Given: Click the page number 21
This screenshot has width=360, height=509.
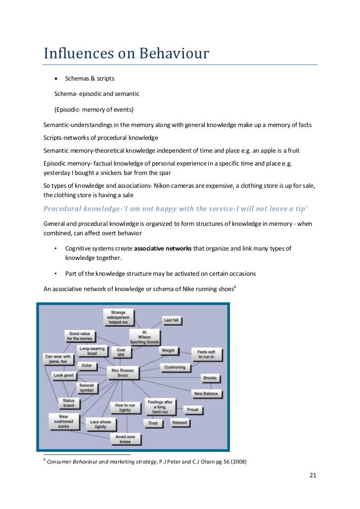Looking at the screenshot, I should (x=313, y=475).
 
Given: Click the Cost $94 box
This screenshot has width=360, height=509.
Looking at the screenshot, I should (x=121, y=352).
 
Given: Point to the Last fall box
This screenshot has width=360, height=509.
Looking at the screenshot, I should (x=171, y=320).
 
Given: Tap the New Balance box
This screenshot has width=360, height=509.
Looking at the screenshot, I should (x=206, y=394).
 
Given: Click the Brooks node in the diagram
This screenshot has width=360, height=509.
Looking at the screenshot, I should (x=210, y=378).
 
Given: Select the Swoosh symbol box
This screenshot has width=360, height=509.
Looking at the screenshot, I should (x=87, y=388).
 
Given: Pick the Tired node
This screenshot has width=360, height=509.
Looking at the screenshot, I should (x=153, y=423).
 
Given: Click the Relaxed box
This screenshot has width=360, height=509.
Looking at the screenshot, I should (x=180, y=423).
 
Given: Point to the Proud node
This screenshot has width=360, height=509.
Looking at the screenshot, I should (x=192, y=410).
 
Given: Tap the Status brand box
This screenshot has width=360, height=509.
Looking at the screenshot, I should (x=68, y=403).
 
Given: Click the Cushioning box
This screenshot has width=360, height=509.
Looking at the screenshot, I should (x=175, y=367).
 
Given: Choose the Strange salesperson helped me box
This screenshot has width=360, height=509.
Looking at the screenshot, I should (x=118, y=316).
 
